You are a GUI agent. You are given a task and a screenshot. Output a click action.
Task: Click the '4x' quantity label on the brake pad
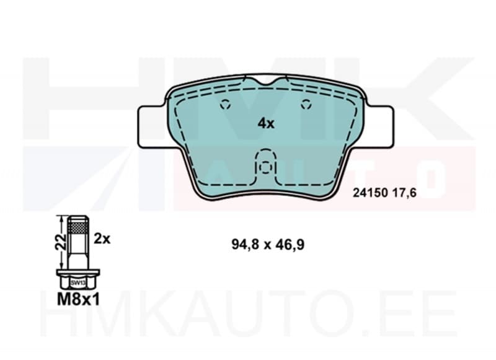(x=265, y=123)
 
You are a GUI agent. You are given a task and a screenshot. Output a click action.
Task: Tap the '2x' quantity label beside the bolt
(x=102, y=238)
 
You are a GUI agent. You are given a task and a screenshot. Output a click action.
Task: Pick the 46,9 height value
(x=289, y=245)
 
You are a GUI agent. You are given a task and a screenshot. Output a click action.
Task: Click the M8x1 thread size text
(x=79, y=300)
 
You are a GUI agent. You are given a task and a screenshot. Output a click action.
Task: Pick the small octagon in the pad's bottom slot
(x=265, y=166)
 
